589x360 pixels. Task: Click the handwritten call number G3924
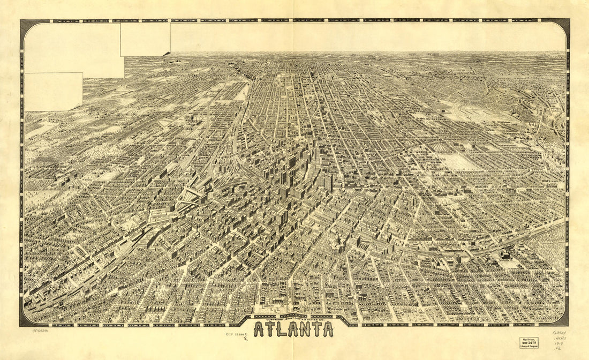pyautogui.click(x=560, y=333)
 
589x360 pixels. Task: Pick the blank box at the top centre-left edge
pyautogui.click(x=145, y=39)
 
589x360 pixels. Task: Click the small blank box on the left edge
pyautogui.click(x=53, y=92)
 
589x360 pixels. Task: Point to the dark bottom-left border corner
pyautogui.click(x=26, y=320)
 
